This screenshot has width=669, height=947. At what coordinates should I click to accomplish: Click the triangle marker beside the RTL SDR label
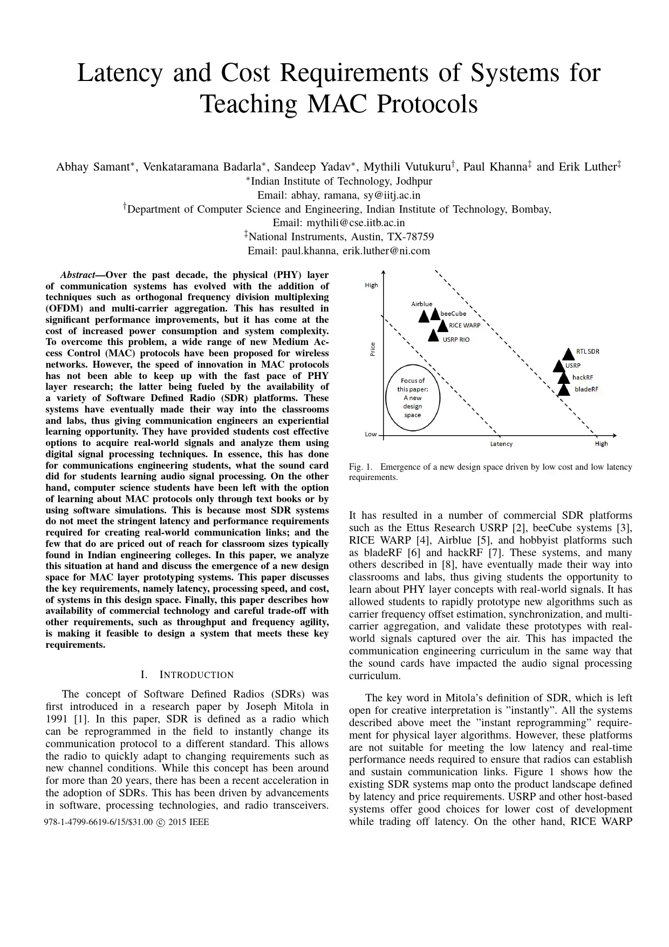(568, 354)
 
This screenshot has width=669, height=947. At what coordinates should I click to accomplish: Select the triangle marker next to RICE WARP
(442, 326)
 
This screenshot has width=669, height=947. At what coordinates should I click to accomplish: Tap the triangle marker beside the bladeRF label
(564, 390)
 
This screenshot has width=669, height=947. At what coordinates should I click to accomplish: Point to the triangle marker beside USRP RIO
(433, 336)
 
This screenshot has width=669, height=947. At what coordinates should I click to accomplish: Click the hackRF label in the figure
(583, 377)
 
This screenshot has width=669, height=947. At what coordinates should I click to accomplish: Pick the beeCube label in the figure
(453, 313)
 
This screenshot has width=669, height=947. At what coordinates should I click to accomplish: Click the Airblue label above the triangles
(422, 304)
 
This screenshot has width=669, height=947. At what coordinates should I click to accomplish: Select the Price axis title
(372, 349)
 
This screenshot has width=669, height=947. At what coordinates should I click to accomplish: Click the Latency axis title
(501, 444)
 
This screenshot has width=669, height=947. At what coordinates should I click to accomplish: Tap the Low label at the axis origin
(371, 434)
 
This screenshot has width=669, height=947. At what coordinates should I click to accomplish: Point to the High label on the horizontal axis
(601, 444)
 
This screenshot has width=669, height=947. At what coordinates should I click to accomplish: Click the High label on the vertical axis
(372, 285)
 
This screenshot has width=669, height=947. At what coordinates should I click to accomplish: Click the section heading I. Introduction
(187, 675)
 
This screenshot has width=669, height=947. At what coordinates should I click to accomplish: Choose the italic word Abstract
(77, 275)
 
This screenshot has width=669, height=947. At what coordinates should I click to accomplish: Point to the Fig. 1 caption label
(360, 467)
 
